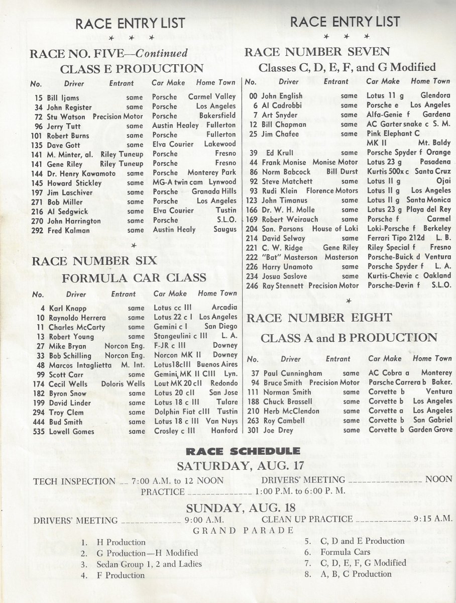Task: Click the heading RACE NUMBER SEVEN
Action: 316,51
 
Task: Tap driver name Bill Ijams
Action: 63,97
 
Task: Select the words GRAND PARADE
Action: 244,531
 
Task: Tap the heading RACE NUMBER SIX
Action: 94,261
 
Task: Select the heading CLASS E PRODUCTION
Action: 132,69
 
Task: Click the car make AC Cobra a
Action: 389,373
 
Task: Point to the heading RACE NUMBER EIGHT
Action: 319,318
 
